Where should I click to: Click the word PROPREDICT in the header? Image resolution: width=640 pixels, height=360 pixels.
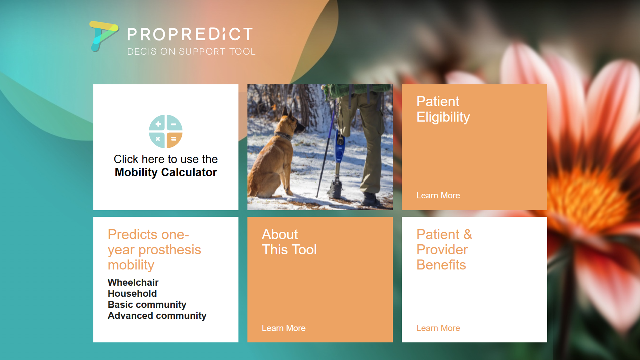190,34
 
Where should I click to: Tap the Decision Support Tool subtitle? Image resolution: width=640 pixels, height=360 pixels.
191,52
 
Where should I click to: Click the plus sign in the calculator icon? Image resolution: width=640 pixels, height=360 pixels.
158,124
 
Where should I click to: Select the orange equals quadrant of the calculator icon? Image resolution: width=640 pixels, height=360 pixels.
174,139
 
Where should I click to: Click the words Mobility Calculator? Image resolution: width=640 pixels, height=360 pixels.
166,172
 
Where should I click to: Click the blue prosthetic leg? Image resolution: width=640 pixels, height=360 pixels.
339,147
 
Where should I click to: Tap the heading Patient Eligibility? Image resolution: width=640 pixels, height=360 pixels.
443,109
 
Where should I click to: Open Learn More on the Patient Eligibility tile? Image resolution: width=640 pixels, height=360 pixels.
438,195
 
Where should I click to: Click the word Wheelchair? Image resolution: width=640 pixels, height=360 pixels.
133,282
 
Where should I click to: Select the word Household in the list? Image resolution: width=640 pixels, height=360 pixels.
132,293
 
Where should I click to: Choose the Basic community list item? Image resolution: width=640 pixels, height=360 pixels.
147,304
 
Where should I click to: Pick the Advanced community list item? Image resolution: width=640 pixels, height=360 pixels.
157,315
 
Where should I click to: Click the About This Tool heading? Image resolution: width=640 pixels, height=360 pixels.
289,242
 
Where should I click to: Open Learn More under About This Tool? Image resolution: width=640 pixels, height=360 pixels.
283,328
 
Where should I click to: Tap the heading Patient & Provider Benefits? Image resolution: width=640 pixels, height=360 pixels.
444,249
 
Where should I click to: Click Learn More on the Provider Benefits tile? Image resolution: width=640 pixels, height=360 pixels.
438,328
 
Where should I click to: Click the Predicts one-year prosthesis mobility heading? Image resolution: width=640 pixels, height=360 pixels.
154,249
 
